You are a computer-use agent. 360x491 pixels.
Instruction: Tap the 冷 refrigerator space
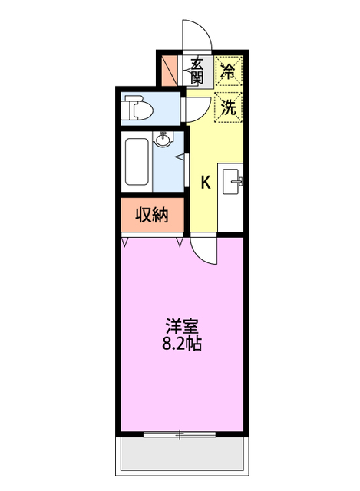coord(229,72)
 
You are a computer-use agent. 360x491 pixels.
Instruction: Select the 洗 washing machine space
coord(229,107)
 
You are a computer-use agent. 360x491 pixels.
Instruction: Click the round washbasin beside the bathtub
coord(163,140)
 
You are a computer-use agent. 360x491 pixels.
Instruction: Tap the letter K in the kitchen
coord(206,183)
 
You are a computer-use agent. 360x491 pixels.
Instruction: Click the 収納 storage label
coord(153,215)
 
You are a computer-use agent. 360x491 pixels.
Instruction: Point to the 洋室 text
coord(180,325)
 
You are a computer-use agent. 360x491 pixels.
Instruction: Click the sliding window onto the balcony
coord(180,434)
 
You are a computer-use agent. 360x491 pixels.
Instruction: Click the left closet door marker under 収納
coord(125,242)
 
